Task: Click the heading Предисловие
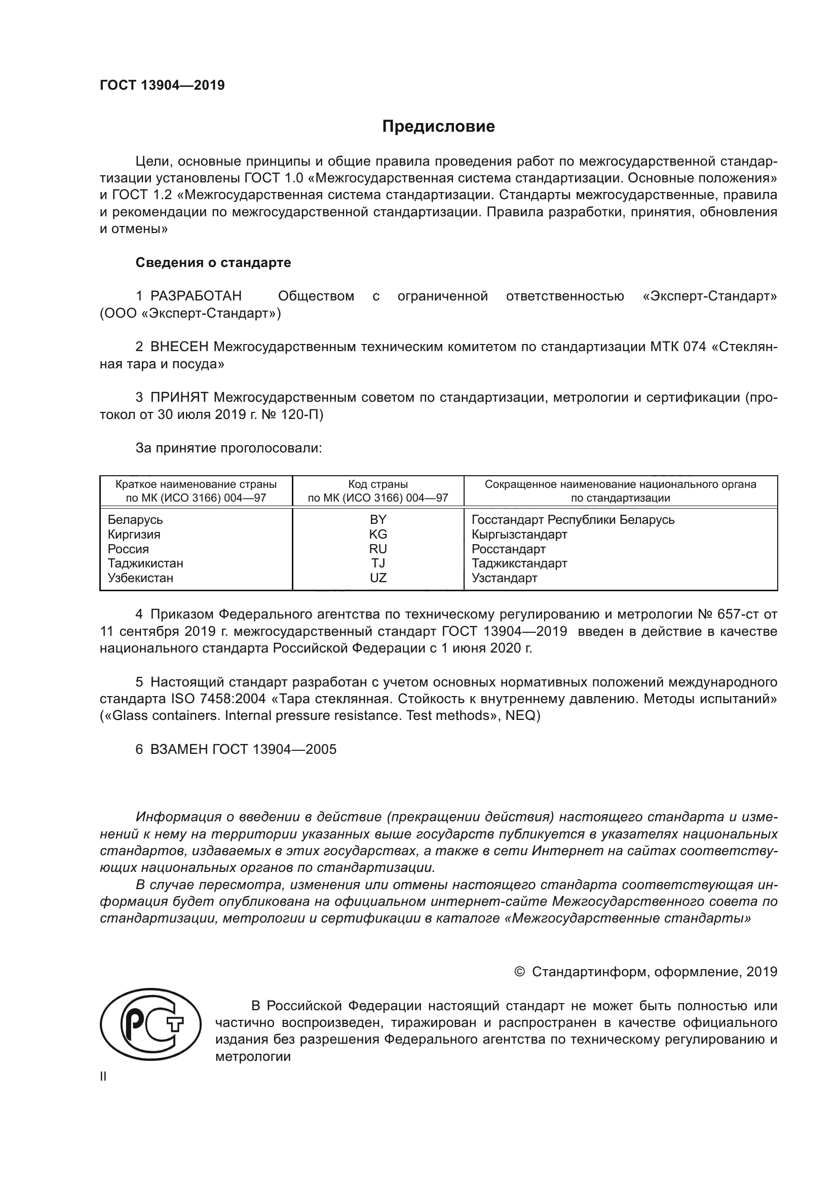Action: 438,127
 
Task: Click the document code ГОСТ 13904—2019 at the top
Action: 162,85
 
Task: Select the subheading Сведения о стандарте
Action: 213,263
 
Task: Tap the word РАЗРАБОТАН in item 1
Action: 196,296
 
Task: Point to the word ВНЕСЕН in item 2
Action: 179,347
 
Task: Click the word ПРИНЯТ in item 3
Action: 179,397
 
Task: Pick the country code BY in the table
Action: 378,520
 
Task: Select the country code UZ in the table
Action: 378,578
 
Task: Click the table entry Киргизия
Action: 134,534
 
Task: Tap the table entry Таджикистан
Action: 145,563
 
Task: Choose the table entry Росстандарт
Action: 508,549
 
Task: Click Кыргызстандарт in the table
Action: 519,534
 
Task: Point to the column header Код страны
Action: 378,484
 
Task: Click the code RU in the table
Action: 378,549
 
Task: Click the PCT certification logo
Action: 150,1024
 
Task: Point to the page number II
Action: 103,1077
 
